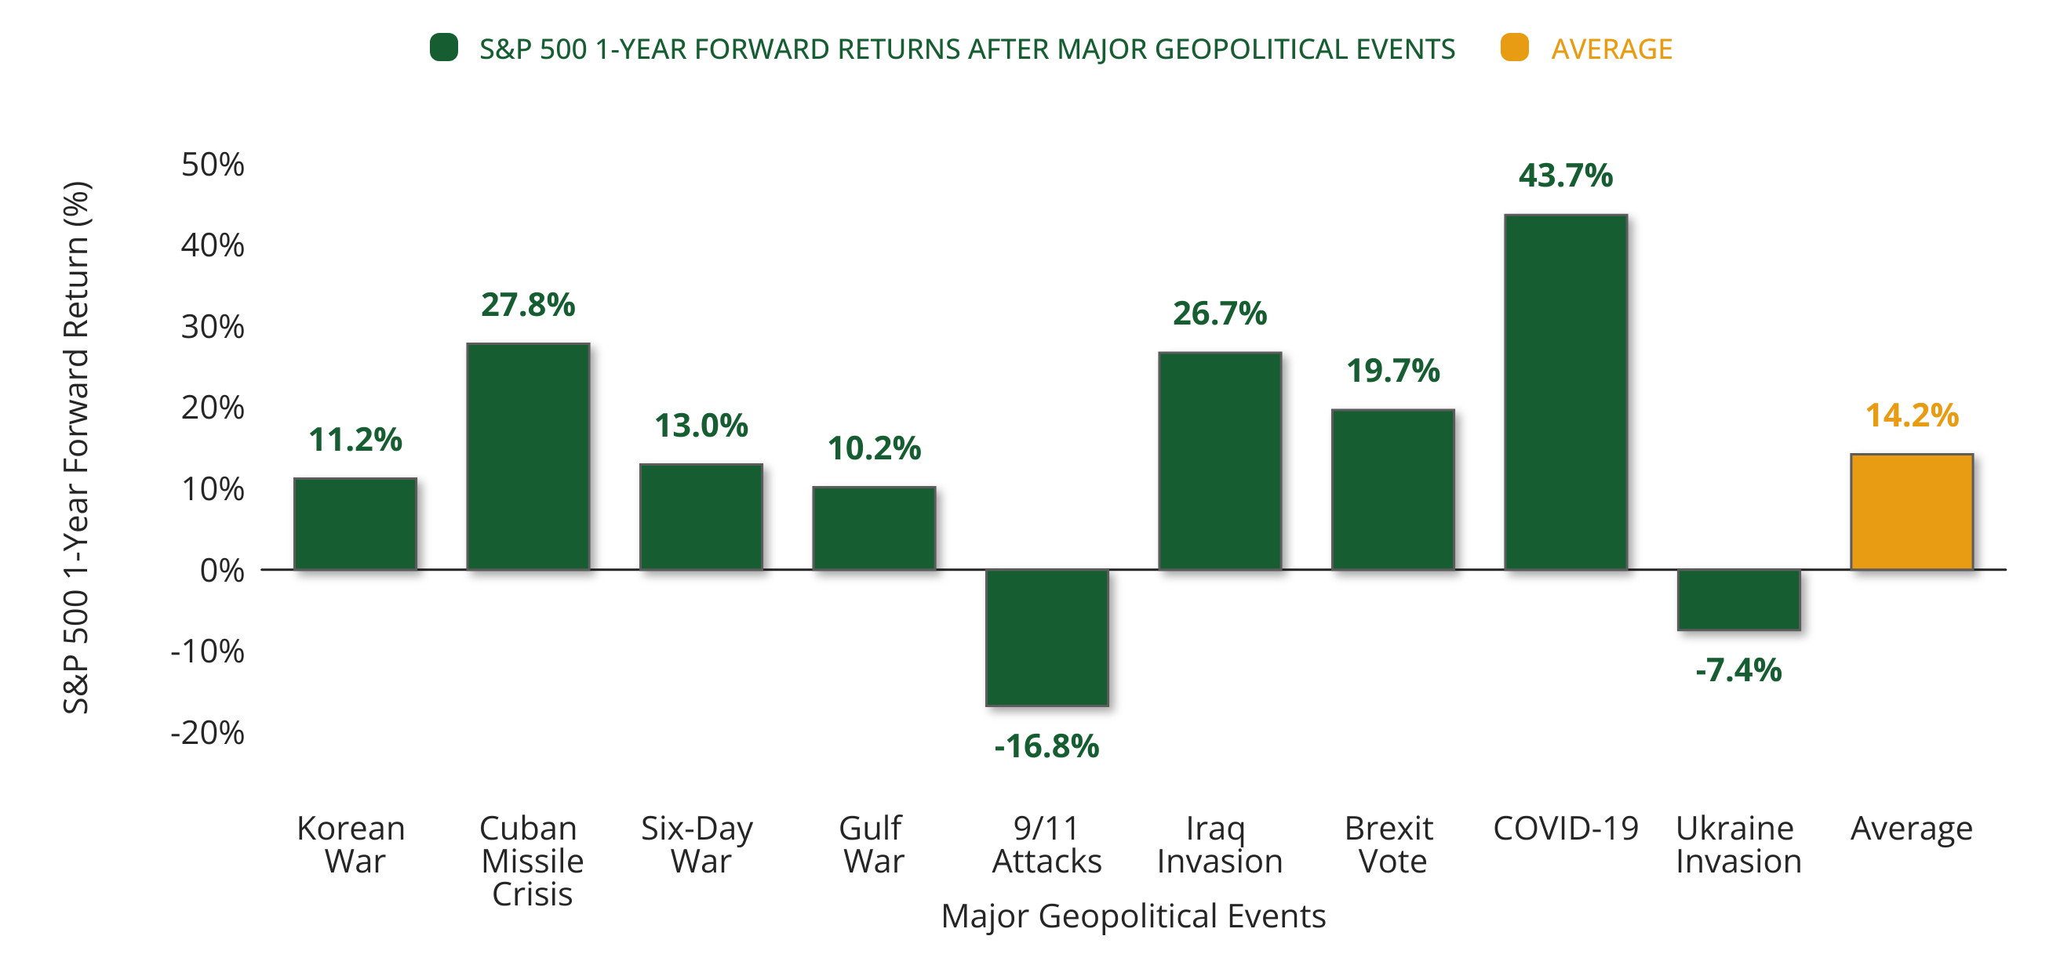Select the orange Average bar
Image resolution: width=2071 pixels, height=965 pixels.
pos(1911,512)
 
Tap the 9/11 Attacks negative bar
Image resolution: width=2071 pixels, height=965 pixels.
pos(1046,637)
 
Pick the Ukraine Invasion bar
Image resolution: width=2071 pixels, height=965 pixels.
pos(1738,600)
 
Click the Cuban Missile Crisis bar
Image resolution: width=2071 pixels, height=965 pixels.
pos(528,456)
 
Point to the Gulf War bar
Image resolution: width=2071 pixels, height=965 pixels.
pos(874,528)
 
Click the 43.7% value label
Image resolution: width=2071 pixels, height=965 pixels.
pos(1565,175)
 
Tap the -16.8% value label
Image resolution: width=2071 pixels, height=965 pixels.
pos(1046,746)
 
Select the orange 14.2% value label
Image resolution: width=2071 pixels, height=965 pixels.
pos(1911,415)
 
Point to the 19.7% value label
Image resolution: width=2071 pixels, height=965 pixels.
pos(1392,371)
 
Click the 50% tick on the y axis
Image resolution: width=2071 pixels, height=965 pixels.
pos(213,165)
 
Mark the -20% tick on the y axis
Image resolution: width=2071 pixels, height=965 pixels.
pos(207,733)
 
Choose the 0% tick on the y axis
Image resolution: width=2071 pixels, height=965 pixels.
pos(222,571)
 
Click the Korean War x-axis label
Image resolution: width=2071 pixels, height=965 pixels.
pos(352,844)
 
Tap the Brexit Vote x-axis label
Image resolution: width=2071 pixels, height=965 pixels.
pos(1391,844)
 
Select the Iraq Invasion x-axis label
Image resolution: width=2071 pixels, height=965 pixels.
pos(1219,844)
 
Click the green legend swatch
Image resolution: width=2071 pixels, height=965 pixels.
pos(444,47)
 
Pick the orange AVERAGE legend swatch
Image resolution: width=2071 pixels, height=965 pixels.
pos(1514,47)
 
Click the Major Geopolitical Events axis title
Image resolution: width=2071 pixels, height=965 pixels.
pos(1133,916)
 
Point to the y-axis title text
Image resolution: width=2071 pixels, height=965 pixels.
pos(76,448)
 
